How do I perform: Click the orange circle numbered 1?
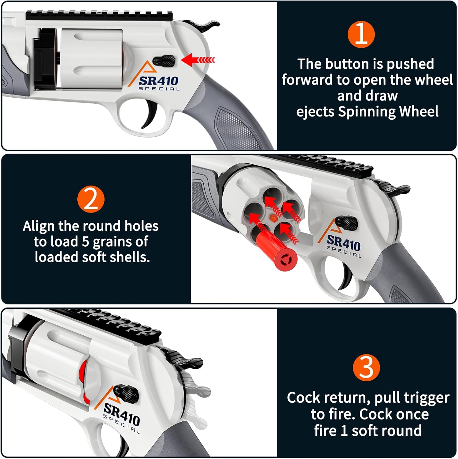[x=361, y=34]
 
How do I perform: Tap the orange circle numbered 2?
[x=91, y=200]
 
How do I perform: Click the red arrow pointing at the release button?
[x=198, y=60]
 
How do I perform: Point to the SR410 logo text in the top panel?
[x=158, y=81]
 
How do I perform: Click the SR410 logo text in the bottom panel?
[x=122, y=414]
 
